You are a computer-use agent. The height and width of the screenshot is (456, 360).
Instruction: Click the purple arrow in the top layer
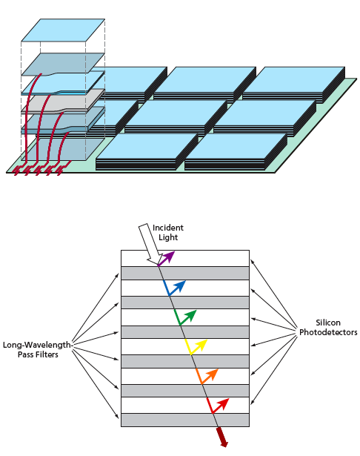tap(165, 260)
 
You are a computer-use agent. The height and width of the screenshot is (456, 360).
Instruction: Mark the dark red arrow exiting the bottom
tap(222, 437)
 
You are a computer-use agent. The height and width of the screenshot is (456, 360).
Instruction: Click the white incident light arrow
tap(150, 244)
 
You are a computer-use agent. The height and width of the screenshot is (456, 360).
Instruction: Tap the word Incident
tap(168, 228)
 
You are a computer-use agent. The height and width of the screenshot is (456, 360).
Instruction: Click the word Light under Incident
tap(168, 237)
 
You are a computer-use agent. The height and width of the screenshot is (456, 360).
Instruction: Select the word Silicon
tap(328, 323)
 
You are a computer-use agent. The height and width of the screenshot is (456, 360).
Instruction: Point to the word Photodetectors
tap(328, 332)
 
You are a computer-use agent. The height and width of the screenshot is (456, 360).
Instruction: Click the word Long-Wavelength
tap(36, 346)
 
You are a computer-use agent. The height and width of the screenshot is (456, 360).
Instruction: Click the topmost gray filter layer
tap(185, 274)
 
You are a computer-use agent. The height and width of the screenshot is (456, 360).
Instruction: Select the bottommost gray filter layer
tap(185, 420)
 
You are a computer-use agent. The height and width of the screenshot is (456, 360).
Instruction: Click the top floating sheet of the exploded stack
tap(63, 30)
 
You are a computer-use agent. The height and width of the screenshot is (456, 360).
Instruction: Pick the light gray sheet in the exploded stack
tap(63, 101)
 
